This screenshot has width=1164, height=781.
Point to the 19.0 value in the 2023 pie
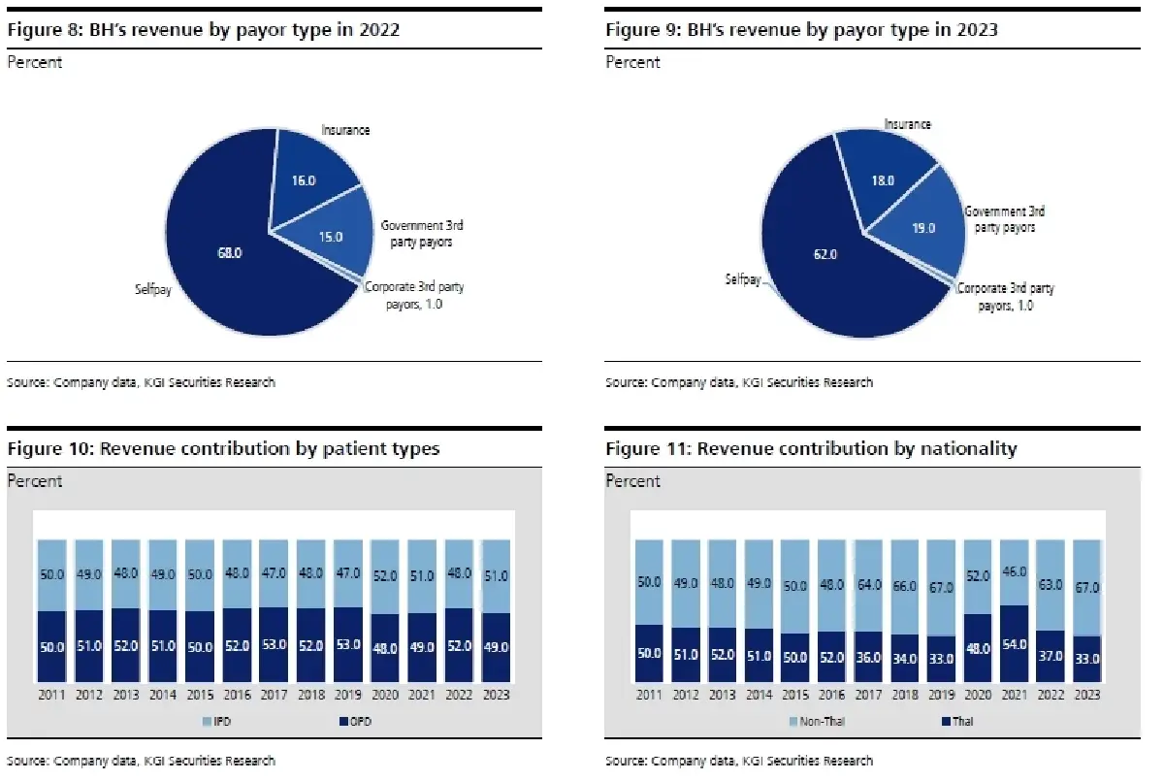[x=923, y=229]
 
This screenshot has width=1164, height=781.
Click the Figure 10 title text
[x=223, y=448]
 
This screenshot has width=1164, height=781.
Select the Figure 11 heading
[x=811, y=448]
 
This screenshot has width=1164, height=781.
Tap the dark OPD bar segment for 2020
[x=384, y=648]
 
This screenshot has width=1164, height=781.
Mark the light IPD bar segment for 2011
[x=51, y=574]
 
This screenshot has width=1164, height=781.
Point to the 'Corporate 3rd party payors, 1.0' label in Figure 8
[x=409, y=295]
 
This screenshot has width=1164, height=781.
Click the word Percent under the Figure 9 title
[x=633, y=62]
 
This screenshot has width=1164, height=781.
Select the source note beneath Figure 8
[x=142, y=382]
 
